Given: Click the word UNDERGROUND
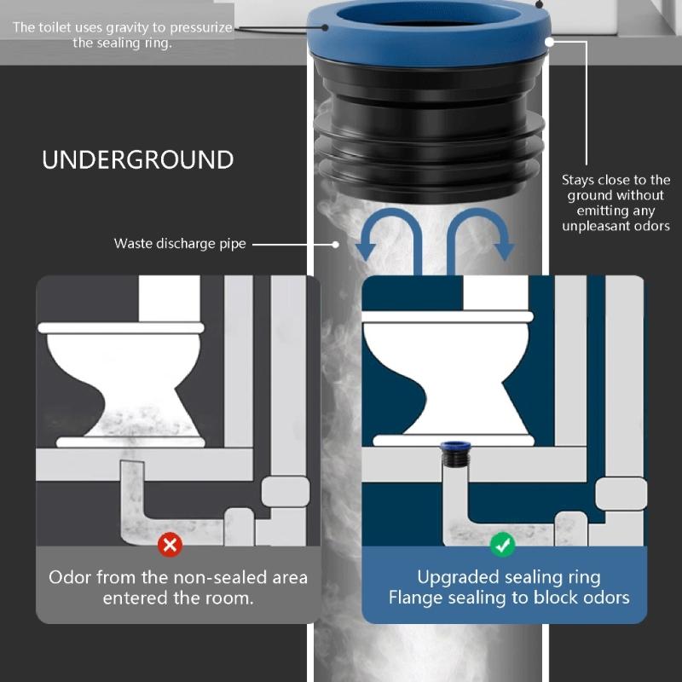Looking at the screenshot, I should [137, 160].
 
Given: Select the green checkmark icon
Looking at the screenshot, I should [502, 543].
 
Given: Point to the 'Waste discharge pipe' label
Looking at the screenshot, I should [180, 244].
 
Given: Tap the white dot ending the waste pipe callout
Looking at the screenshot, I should [337, 244].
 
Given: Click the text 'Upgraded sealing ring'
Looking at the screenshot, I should [509, 577].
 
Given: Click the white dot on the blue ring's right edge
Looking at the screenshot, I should [550, 40].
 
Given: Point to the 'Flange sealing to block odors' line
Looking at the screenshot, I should [509, 598].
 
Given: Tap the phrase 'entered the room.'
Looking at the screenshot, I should [178, 598].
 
